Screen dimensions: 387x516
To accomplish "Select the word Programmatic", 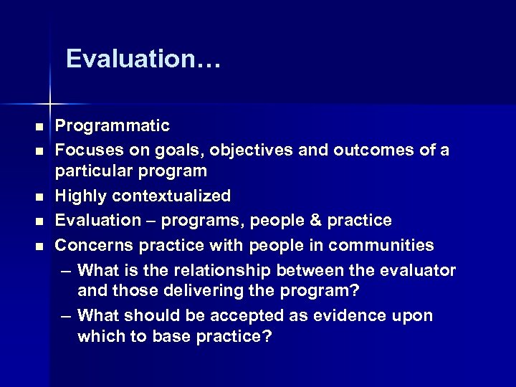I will pyautogui.click(x=113, y=127).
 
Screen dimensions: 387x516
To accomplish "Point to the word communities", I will pyautogui.click(x=381, y=245).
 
